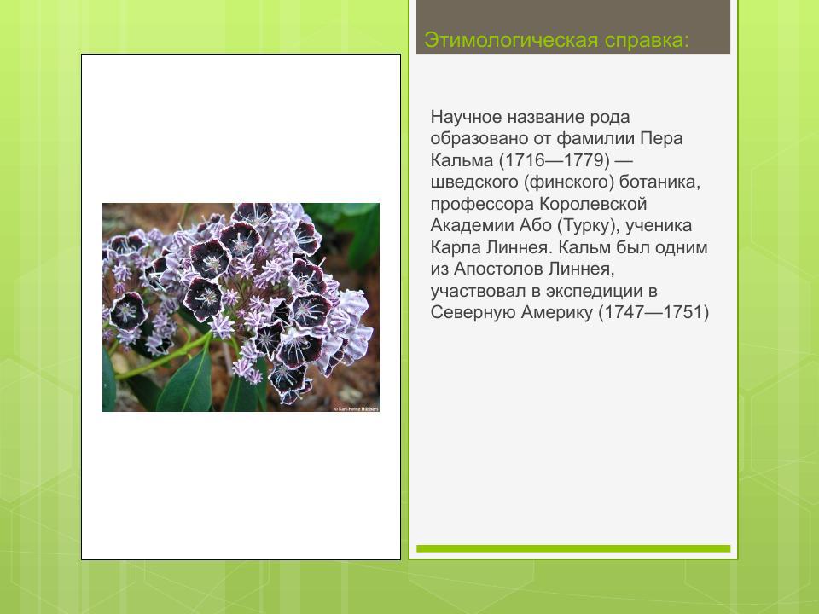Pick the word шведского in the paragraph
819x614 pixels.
click(x=470, y=182)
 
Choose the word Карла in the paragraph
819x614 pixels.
click(x=453, y=248)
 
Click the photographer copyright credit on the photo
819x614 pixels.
click(x=356, y=408)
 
